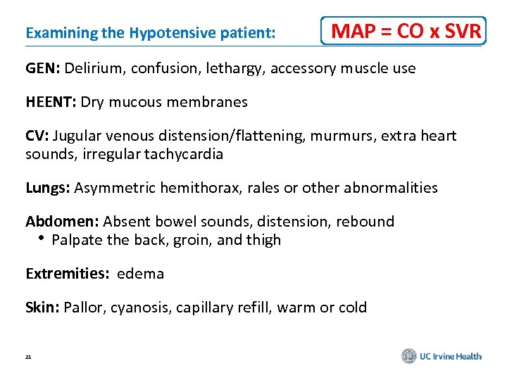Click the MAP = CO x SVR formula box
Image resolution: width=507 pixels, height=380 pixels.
point(403,31)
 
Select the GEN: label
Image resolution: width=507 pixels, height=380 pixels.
point(44,69)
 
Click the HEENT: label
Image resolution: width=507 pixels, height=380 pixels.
point(51,102)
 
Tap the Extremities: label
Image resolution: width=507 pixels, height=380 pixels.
point(68,274)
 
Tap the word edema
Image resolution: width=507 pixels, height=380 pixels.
point(141,274)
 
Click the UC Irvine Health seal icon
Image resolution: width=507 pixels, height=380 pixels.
point(409,356)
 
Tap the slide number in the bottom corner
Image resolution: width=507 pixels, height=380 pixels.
point(28,357)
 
